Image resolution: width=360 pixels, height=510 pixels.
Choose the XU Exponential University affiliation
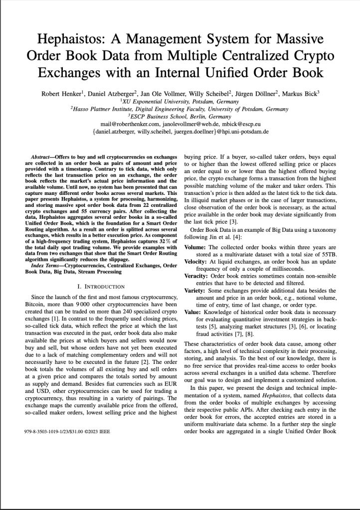(180, 101)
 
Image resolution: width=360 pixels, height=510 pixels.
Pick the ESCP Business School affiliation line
(180, 117)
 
